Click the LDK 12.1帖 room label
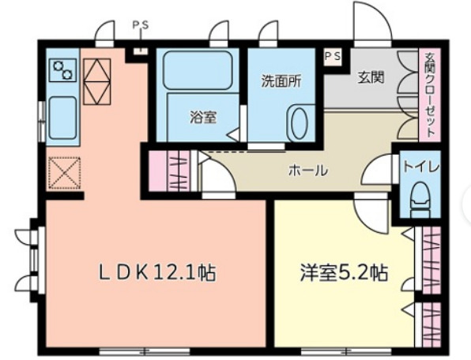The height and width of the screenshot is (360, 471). tap(157, 273)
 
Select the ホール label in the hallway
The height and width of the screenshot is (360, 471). tap(308, 170)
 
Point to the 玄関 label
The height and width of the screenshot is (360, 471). tap(370, 77)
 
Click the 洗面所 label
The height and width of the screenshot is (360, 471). tap(281, 80)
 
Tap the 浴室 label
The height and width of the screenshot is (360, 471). tap(202, 117)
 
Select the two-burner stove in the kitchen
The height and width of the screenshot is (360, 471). tap(62, 69)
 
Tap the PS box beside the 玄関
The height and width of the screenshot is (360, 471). tap(332, 56)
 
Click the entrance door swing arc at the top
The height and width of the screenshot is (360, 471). tap(371, 21)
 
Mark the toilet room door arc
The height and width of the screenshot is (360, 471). tap(382, 167)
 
